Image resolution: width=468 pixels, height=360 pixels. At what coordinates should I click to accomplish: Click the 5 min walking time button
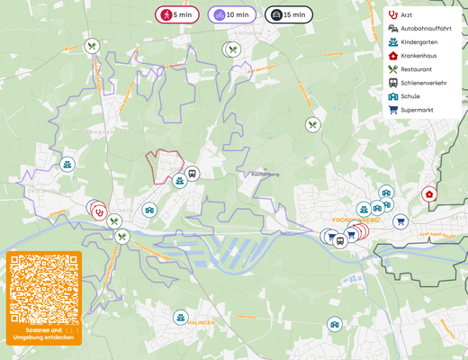(177, 14)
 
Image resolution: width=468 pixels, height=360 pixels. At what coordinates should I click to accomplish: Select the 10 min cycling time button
(232, 14)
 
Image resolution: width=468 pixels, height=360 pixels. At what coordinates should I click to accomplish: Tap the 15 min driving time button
(289, 14)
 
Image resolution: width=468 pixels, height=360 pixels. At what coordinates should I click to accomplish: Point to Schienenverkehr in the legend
(423, 83)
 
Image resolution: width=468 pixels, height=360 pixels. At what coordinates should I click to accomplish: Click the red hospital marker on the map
(429, 193)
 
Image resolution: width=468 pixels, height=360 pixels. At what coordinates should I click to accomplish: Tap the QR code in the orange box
(44, 289)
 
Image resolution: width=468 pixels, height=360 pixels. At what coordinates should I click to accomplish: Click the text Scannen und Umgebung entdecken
(44, 334)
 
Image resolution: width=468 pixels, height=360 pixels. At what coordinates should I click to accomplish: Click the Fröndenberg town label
(356, 219)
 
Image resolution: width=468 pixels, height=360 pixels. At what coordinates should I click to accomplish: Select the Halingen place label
(200, 322)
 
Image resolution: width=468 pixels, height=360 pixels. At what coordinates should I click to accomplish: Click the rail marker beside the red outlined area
(192, 174)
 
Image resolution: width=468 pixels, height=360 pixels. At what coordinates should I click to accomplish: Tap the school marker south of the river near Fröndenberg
(335, 324)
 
